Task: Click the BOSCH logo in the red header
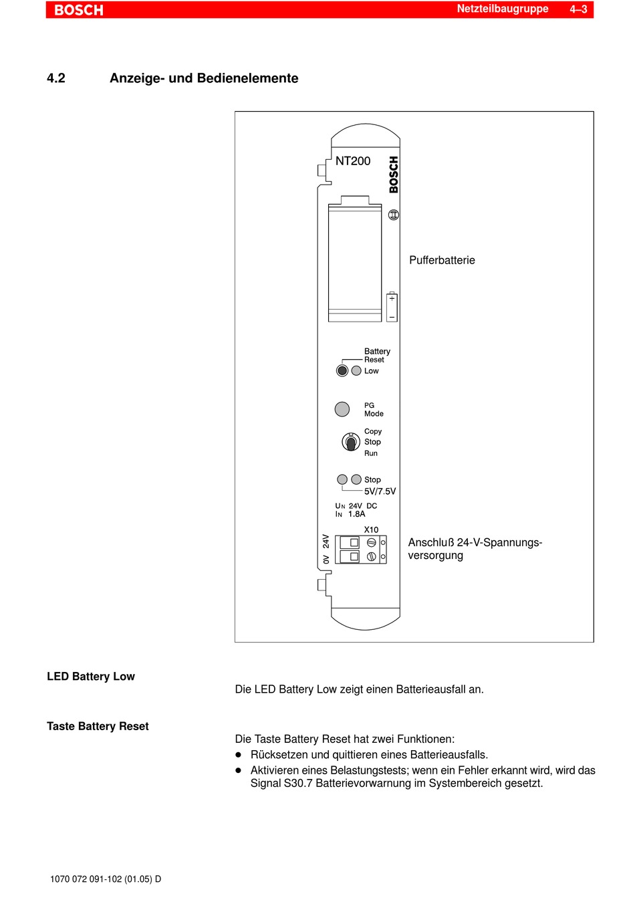click(x=79, y=10)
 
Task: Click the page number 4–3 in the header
click(x=578, y=9)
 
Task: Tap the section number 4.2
click(x=56, y=78)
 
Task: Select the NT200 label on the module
click(x=353, y=161)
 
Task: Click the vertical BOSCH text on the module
click(x=394, y=175)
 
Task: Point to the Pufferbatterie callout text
click(x=442, y=260)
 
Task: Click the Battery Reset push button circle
click(x=342, y=370)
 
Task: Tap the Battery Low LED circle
click(x=356, y=370)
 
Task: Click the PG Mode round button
click(x=342, y=409)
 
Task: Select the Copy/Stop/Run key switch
click(x=351, y=442)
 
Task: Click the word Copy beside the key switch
click(x=373, y=431)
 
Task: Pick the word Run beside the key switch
click(x=371, y=453)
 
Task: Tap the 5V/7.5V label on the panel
click(x=380, y=491)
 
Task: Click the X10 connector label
click(x=371, y=530)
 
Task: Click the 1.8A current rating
click(x=357, y=514)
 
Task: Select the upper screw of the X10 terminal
click(x=371, y=543)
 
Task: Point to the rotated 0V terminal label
click(x=326, y=559)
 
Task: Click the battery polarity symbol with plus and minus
click(x=392, y=307)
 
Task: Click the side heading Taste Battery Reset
click(x=98, y=726)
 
